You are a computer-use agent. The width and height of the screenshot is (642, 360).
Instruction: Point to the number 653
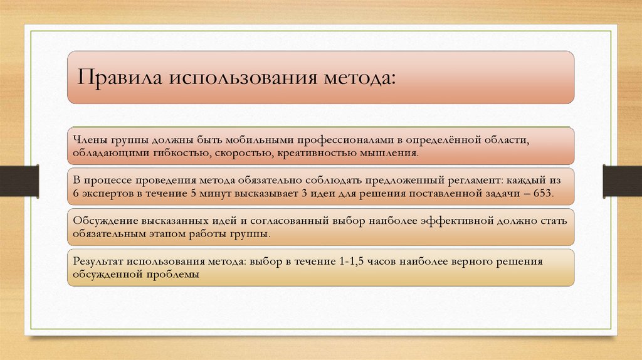(x=544, y=193)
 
